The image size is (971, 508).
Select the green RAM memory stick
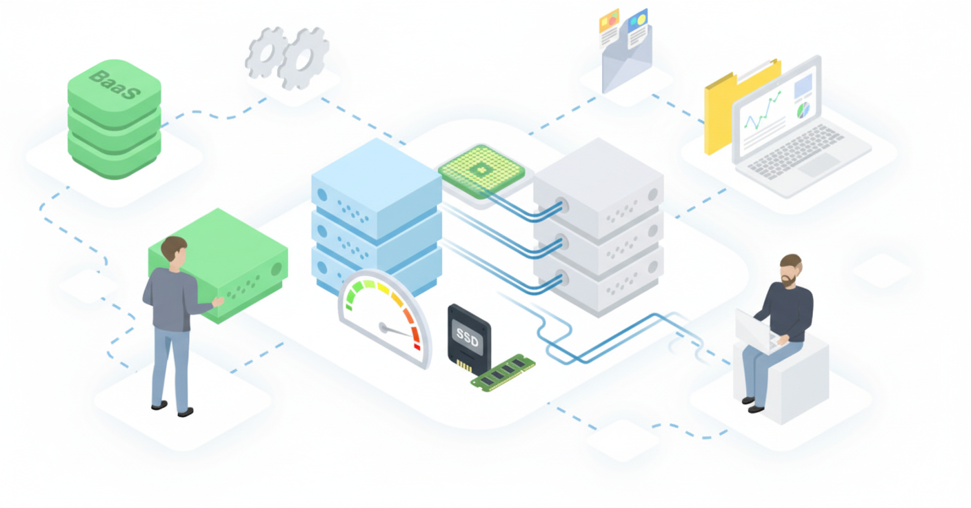tap(503, 373)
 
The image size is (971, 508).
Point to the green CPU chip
tap(481, 170)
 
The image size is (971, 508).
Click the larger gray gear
tap(303, 58)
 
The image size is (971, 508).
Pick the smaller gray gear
tap(266, 51)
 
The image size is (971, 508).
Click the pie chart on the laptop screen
tap(803, 110)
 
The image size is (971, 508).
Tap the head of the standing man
tap(174, 251)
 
